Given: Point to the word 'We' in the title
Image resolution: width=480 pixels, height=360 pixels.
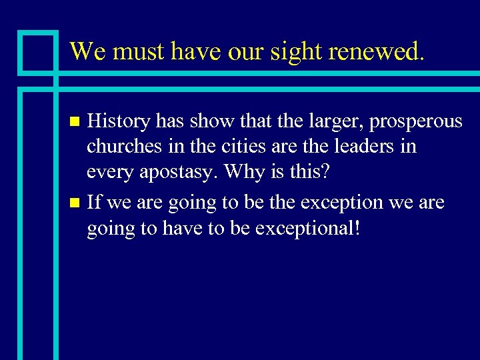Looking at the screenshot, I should tap(86, 51).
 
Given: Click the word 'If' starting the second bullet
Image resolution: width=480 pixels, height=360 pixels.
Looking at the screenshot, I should tap(94, 203).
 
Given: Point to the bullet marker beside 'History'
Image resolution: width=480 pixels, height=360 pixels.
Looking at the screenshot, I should tap(75, 122).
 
